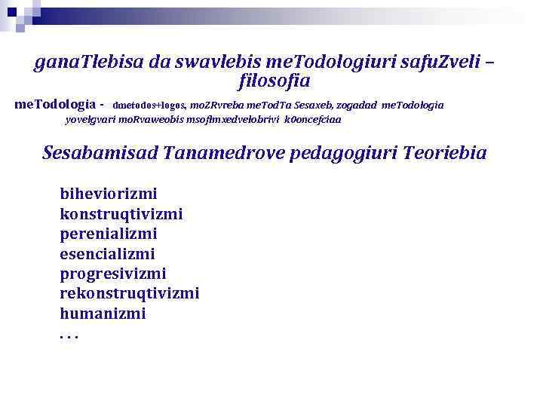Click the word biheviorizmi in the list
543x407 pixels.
click(x=109, y=194)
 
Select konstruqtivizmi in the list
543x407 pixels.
click(x=121, y=214)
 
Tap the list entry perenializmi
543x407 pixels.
click(x=109, y=234)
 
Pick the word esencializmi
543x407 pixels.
click(x=107, y=254)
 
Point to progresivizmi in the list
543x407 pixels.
click(x=113, y=274)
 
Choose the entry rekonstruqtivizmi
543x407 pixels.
click(x=130, y=293)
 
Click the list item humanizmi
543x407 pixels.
click(x=103, y=313)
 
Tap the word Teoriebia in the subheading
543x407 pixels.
click(x=445, y=153)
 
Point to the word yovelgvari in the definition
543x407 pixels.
click(x=90, y=119)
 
